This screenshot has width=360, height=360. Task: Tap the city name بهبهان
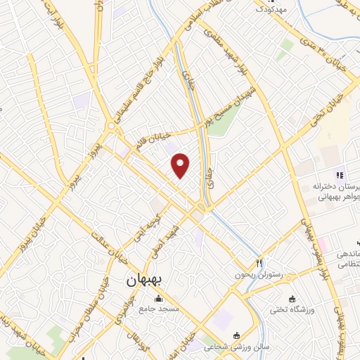pos(144,280)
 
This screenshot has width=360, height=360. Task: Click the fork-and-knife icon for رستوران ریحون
pos(259,262)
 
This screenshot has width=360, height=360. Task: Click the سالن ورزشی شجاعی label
pos(226,347)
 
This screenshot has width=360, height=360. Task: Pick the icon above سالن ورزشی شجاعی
pos(236,335)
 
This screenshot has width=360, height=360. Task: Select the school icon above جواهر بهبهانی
pos(339,175)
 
